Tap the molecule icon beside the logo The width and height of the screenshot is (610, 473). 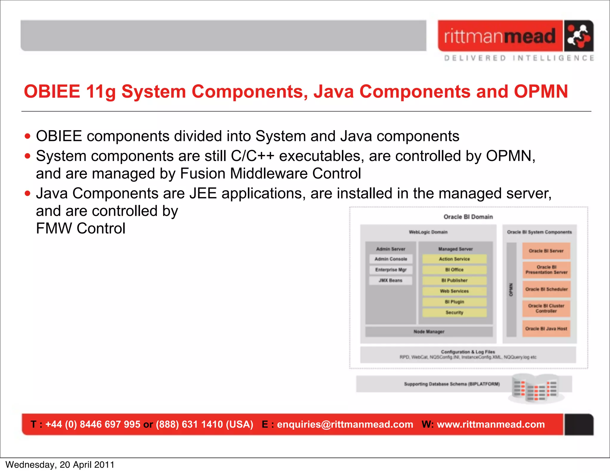tap(578, 36)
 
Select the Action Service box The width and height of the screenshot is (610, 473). tap(454, 259)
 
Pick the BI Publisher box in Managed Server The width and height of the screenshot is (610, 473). tap(454, 280)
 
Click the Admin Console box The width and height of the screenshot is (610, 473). tap(391, 259)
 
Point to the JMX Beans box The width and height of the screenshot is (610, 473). tap(390, 280)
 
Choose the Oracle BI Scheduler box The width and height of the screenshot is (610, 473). tap(546, 289)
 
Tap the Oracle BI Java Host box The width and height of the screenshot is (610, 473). tap(546, 328)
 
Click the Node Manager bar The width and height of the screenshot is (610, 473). tap(429, 332)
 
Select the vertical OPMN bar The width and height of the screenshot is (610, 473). tap(511, 289)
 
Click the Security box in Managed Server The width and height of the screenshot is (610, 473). tap(454, 313)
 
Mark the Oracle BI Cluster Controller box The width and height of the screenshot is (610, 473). tap(546, 308)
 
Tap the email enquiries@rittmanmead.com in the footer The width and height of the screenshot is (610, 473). tap(345, 424)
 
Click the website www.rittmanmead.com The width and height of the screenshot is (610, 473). tap(491, 424)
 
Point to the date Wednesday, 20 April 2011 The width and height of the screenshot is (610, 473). tap(60, 465)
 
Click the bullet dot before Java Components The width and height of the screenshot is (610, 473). tap(28, 194)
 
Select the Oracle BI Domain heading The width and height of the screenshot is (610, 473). tap(468, 217)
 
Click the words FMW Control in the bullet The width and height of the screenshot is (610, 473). tap(80, 229)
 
